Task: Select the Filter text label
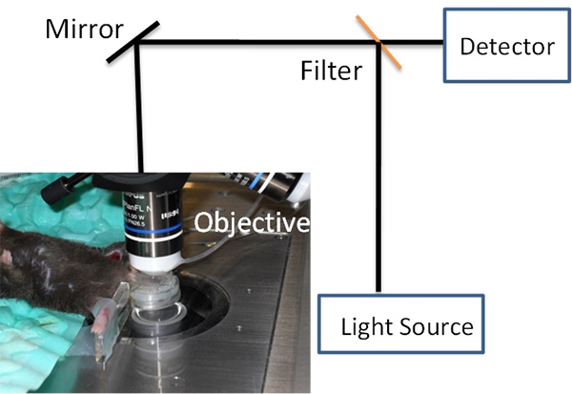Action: point(330,71)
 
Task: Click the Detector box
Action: point(505,45)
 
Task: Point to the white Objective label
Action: point(252,223)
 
